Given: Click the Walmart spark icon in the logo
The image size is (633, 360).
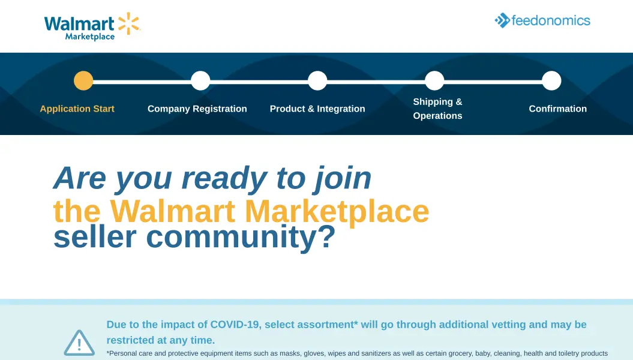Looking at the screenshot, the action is point(129,23).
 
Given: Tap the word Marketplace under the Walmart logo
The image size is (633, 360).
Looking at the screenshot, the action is point(90,37).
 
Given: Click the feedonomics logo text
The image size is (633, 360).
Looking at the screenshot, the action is point(551,20).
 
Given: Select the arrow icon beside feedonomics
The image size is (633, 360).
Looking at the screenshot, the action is point(502,20).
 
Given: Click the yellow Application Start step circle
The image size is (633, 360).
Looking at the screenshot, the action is point(83,81).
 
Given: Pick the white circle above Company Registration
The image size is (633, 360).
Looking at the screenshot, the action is point(200,81).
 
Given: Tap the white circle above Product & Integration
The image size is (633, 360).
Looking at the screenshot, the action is point(318,81).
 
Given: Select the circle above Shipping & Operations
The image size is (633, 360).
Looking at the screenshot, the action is point(434,81).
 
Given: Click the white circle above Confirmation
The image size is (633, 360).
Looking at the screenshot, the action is point(551,81).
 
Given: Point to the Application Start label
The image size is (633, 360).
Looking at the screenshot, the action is point(77,109).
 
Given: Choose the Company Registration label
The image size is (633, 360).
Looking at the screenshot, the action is point(197,109).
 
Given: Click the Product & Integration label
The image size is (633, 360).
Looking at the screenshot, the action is point(317,109).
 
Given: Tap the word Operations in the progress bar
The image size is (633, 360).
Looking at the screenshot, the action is point(437,116).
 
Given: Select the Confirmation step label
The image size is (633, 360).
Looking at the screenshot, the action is point(558,109).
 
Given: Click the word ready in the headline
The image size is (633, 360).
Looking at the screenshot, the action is point(224,179).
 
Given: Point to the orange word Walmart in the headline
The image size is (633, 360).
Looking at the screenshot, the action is point(173,211).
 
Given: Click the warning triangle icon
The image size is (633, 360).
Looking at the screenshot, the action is point(79,343).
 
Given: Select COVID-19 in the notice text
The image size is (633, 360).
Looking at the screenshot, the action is point(235,325).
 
